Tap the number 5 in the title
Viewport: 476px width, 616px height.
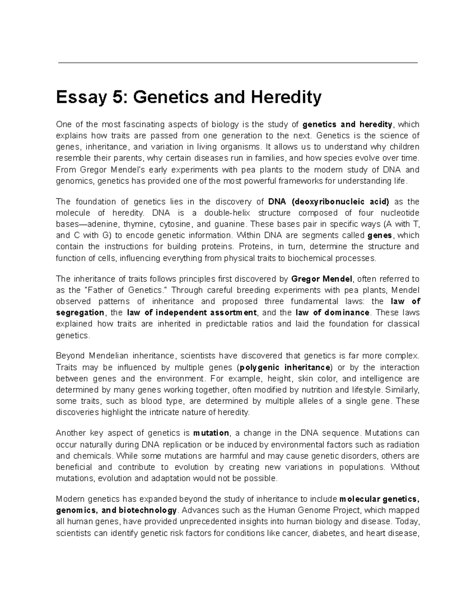coord(114,98)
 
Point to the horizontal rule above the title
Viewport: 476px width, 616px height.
coord(238,63)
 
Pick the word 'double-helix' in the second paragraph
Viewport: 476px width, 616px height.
coord(225,213)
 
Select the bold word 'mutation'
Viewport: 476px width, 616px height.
coord(211,433)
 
